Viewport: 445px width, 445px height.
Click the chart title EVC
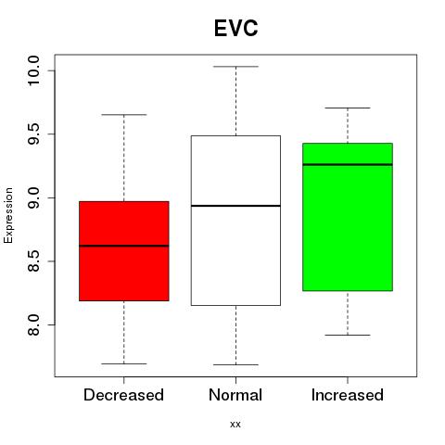(x=235, y=28)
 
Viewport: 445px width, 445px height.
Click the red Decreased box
(x=124, y=251)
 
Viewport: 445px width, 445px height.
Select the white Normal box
(x=235, y=221)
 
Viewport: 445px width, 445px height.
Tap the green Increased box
(x=348, y=217)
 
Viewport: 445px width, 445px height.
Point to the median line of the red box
(x=124, y=246)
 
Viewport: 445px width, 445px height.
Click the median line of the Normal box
(x=235, y=206)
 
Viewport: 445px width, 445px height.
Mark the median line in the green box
(x=348, y=164)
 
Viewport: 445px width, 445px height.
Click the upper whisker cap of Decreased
(x=124, y=115)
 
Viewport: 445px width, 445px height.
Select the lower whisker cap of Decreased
(x=124, y=363)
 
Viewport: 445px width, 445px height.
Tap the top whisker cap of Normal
(x=235, y=67)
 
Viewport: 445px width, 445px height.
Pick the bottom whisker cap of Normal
(x=235, y=364)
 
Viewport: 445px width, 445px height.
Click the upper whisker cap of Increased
(x=348, y=108)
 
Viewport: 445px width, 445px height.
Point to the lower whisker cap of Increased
(x=348, y=335)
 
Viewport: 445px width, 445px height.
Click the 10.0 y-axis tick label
(x=33, y=70)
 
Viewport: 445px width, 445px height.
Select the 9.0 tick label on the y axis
(x=33, y=197)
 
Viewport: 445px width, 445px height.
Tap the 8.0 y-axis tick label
(x=33, y=325)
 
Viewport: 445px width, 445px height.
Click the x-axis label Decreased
(x=123, y=395)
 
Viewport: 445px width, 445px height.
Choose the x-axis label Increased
(x=348, y=395)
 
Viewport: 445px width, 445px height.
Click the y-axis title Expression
(x=8, y=215)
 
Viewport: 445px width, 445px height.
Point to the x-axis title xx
(x=235, y=425)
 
